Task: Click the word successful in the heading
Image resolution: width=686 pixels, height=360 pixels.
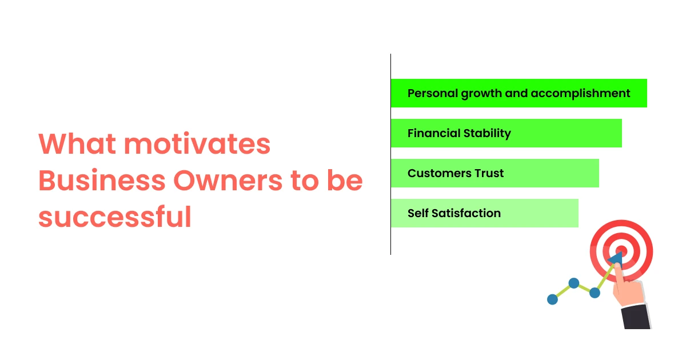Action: coord(114,218)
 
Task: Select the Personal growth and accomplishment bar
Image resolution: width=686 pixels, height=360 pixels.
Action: coord(519,93)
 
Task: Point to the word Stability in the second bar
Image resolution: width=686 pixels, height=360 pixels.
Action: coord(487,133)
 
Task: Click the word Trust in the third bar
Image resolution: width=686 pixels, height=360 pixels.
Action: coord(489,173)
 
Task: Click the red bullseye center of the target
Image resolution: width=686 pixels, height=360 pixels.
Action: coord(621,251)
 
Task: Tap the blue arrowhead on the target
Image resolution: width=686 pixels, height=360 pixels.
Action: coord(615,259)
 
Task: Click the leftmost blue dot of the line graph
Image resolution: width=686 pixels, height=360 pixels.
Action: coord(552,299)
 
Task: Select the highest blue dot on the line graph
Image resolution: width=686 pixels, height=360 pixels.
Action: coord(573,283)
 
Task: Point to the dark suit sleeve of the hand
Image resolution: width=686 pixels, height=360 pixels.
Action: coord(636,317)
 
